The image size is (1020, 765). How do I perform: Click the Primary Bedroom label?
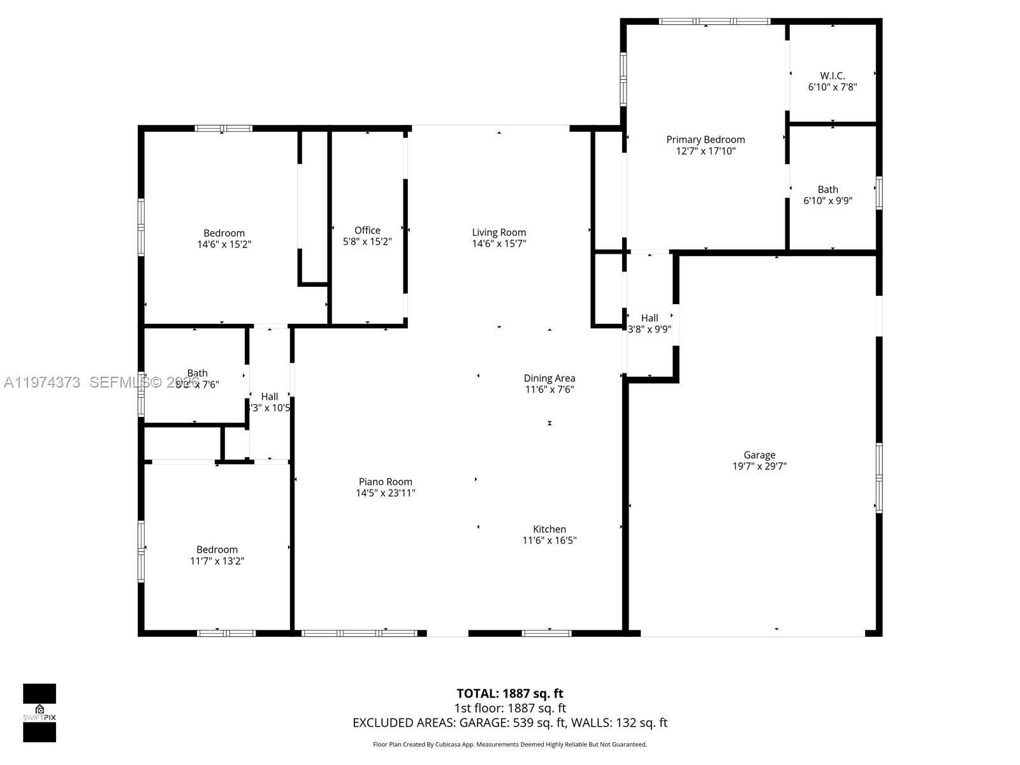[x=705, y=140]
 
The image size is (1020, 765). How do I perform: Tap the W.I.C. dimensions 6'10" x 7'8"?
[x=832, y=87]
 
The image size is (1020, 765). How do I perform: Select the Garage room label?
[x=759, y=455]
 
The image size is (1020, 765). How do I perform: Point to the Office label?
[x=367, y=230]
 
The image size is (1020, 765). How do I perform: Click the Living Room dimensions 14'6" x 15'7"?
[x=499, y=244]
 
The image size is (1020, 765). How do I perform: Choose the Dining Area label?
[x=549, y=378]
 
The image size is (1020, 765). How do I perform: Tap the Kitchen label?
[x=549, y=529]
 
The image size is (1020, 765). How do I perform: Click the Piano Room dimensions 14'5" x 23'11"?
[x=385, y=493]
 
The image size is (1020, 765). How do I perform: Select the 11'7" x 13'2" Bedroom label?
[x=217, y=550]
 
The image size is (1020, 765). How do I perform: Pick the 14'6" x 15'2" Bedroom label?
[x=224, y=233]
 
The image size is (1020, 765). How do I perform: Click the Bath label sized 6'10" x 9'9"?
[x=827, y=189]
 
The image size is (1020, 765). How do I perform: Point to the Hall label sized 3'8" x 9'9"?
[x=649, y=317]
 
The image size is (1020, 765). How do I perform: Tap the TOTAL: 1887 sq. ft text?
[x=509, y=693]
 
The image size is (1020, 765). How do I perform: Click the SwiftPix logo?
[x=40, y=713]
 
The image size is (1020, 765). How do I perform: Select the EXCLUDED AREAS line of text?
[x=509, y=722]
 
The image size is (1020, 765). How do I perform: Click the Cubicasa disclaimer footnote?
[x=509, y=744]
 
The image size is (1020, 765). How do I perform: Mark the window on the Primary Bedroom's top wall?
[x=714, y=22]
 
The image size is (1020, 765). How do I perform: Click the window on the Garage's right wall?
[x=878, y=477]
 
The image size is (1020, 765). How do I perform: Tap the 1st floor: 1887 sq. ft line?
[x=509, y=708]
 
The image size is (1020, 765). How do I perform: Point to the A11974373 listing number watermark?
[x=42, y=382]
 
